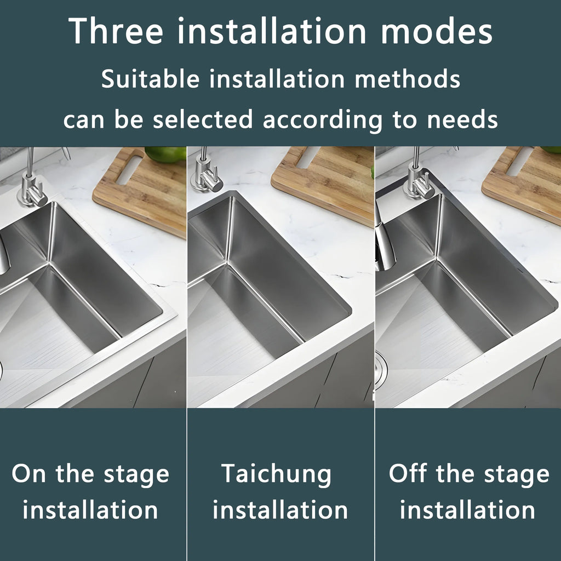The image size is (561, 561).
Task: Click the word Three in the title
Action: [116, 32]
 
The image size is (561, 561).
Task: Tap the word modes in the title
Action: [437, 32]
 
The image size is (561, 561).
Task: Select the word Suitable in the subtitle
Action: [151, 79]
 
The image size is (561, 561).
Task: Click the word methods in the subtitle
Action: [408, 79]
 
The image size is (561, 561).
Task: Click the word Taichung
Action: [277, 473]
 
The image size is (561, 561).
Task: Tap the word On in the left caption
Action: [29, 473]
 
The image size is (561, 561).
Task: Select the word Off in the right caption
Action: [408, 473]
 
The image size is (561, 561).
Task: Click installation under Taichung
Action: [280, 510]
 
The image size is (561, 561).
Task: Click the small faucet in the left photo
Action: [31, 184]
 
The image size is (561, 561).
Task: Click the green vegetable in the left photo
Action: [164, 154]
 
